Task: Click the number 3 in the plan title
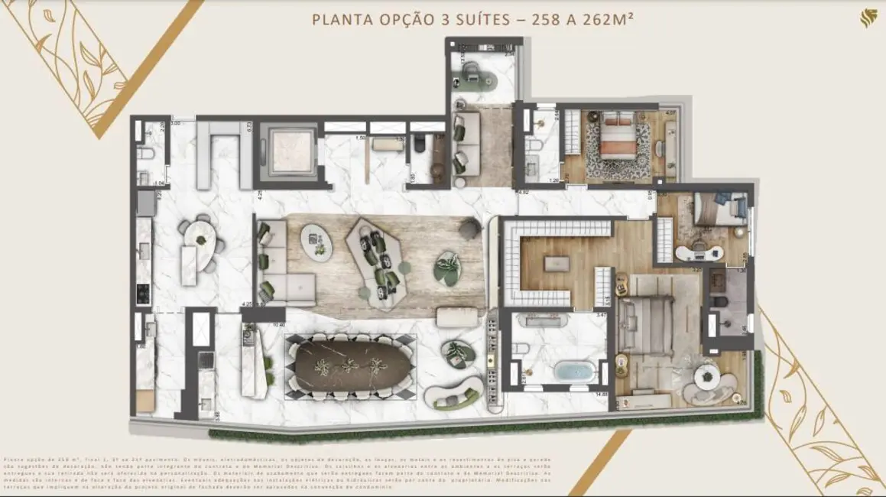click(x=445, y=18)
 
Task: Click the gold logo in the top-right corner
click(x=868, y=18)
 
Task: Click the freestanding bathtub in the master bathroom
click(x=574, y=373)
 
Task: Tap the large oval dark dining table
click(x=350, y=365)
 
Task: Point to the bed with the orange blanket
click(x=615, y=142)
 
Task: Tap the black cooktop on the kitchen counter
click(x=141, y=291)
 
